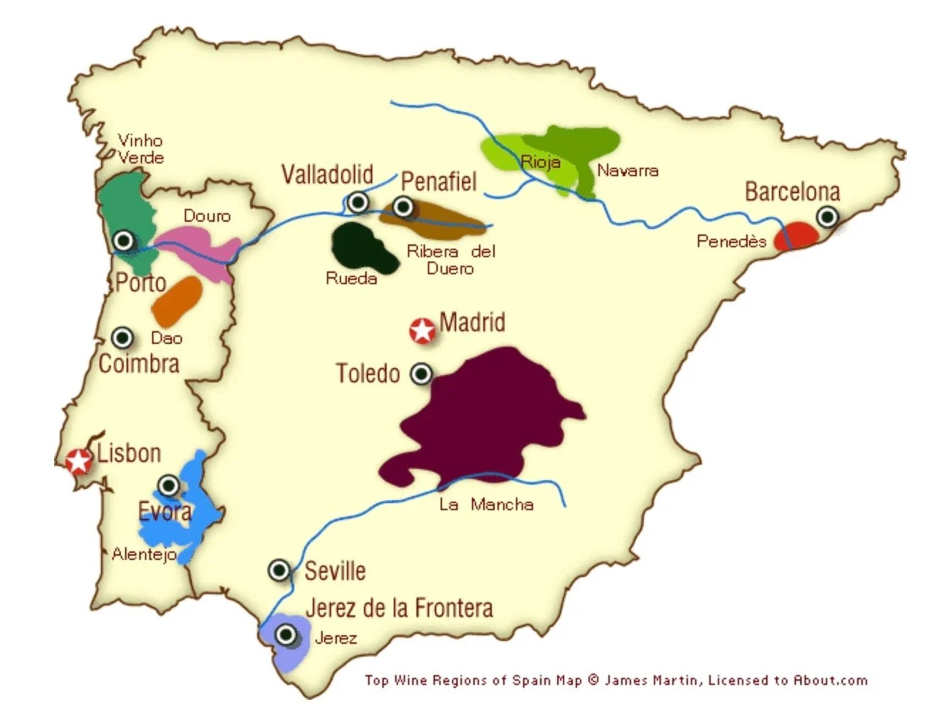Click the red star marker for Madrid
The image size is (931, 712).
click(423, 330)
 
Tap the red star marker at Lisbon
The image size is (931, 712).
click(77, 461)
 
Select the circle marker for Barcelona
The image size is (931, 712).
click(827, 216)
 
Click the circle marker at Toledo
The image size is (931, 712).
click(421, 374)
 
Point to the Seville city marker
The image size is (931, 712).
click(279, 569)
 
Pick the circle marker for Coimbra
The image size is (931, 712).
click(122, 337)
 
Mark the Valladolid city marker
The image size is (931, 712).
click(358, 202)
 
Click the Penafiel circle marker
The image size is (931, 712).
click(403, 207)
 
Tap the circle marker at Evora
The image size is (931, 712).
click(168, 485)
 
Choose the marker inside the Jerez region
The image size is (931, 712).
click(286, 634)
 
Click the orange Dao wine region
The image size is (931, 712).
click(177, 301)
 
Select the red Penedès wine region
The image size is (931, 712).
click(795, 237)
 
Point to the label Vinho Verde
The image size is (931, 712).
click(141, 149)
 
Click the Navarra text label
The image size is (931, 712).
click(628, 171)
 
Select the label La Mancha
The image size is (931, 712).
click(486, 505)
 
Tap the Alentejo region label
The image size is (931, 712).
click(144, 554)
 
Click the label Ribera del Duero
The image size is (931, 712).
click(451, 259)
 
